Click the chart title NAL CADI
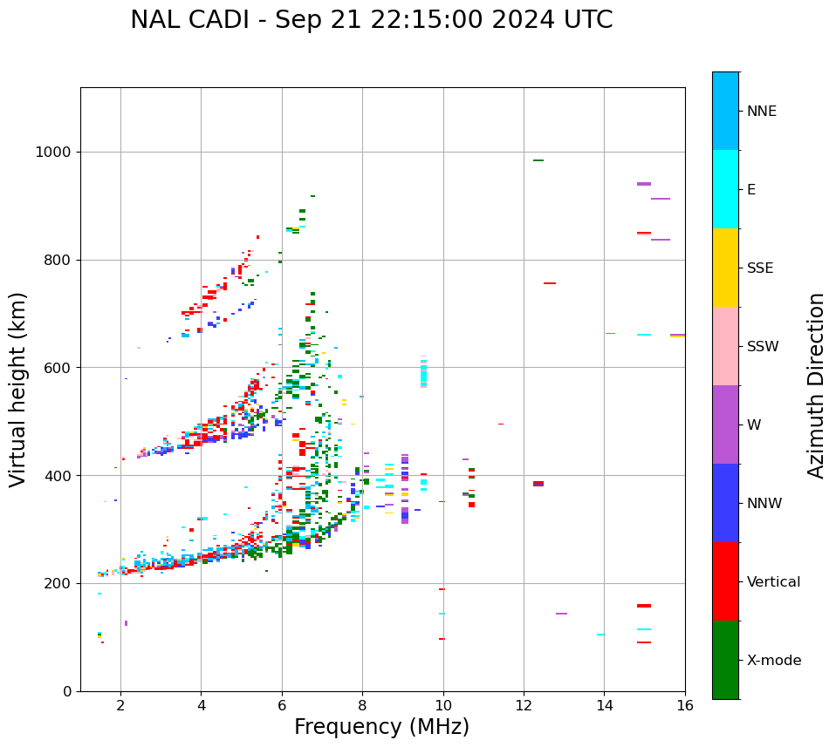click(371, 20)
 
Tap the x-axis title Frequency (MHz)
click(381, 727)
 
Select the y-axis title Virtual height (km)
click(18, 389)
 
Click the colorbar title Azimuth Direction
click(816, 384)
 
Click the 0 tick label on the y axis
click(66, 691)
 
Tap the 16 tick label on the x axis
click(685, 705)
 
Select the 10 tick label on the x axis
click(443, 705)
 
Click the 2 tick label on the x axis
click(120, 705)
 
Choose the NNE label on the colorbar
click(762, 112)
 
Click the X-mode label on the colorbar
click(774, 661)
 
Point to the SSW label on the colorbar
click(763, 347)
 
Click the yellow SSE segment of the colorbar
click(725, 268)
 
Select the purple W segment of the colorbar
click(725, 424)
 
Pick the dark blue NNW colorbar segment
click(725, 503)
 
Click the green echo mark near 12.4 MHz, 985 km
click(538, 160)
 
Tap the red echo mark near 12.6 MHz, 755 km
click(550, 283)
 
